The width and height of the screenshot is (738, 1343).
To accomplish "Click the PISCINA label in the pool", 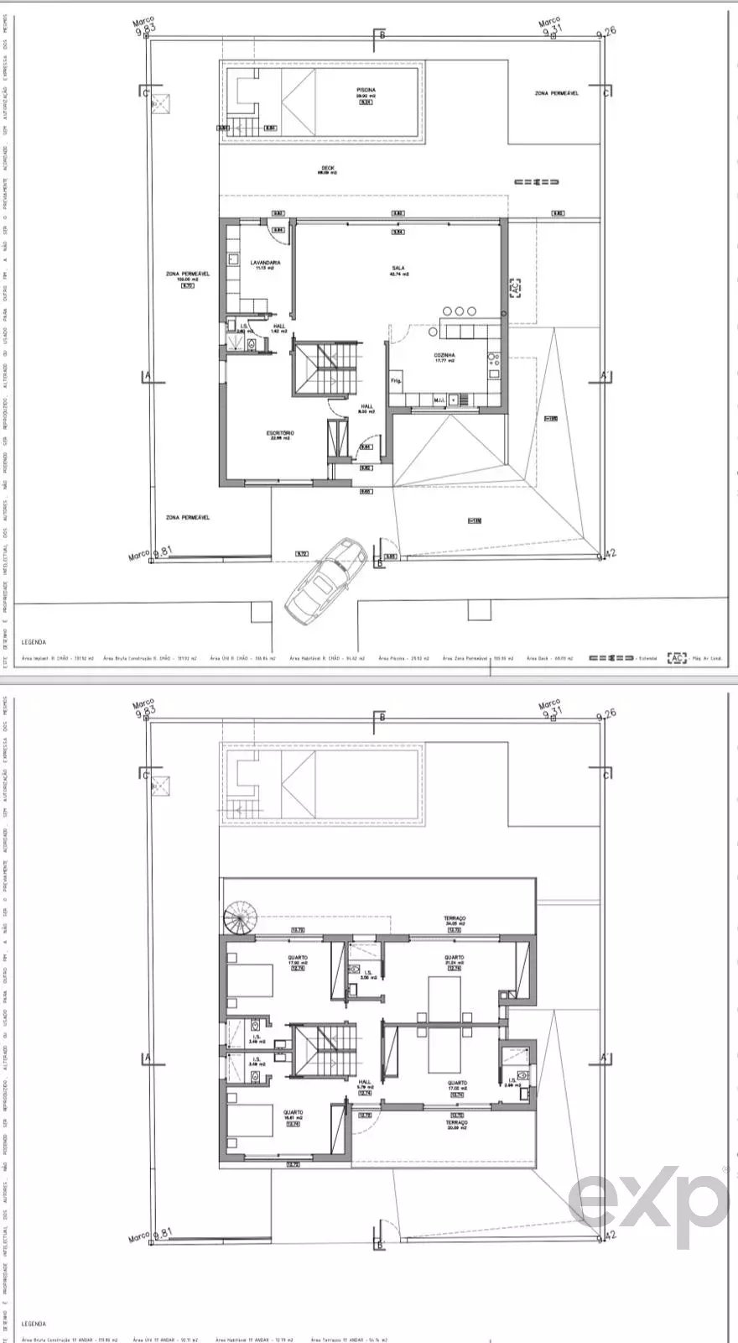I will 365,92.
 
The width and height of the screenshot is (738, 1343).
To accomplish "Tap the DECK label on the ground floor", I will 326,169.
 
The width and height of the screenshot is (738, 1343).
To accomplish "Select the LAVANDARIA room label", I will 265,264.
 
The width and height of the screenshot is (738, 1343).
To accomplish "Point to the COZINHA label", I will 444,357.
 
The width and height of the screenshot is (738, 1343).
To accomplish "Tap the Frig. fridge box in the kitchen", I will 397,381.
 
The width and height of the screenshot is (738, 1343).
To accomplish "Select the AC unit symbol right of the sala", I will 515,287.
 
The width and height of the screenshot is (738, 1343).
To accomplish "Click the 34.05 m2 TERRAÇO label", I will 455,921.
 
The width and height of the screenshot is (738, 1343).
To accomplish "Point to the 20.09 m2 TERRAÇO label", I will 457,1125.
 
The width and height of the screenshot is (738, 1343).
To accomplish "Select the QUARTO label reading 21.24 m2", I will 455,960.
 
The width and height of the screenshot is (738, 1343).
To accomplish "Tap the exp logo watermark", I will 646,1195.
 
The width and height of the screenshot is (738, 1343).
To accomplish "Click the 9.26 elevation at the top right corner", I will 605,31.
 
